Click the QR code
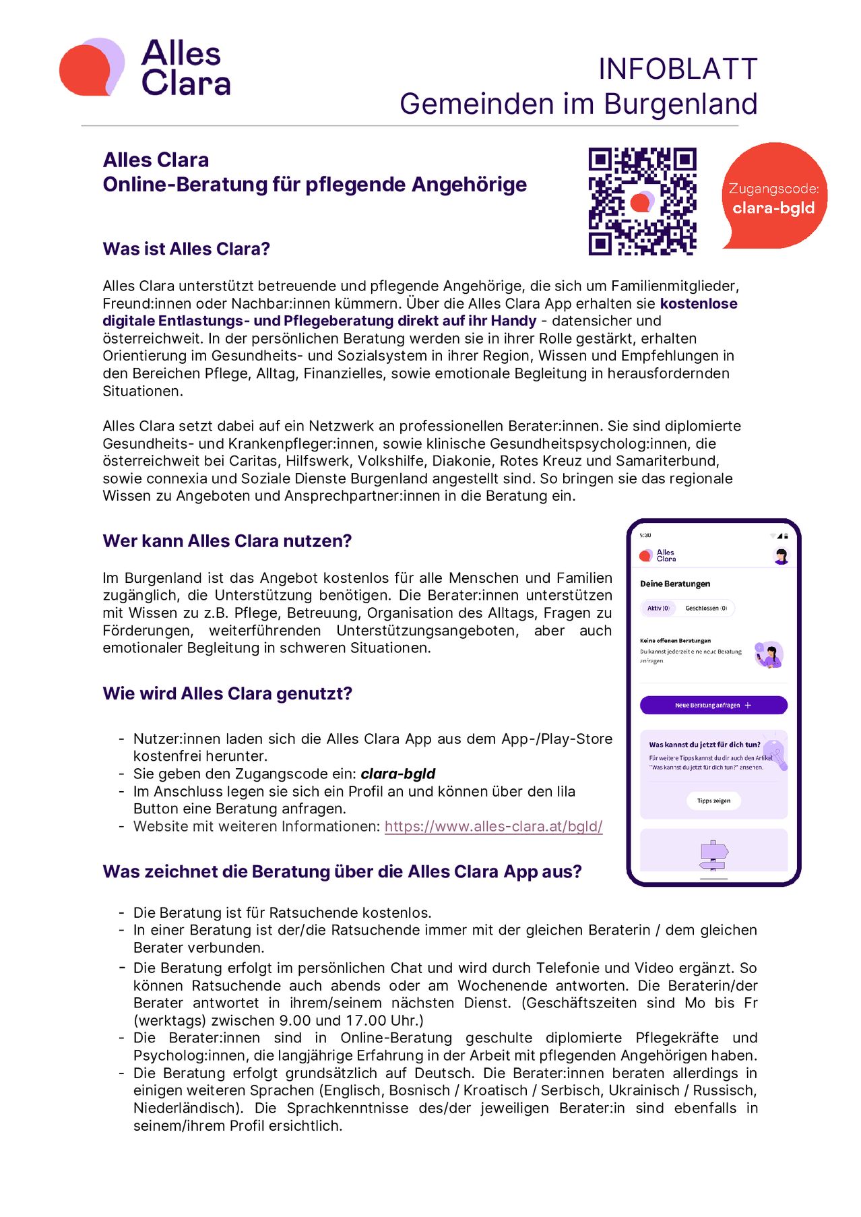(642, 201)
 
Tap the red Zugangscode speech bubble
(774, 196)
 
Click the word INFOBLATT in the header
(677, 69)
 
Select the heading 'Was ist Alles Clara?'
(186, 249)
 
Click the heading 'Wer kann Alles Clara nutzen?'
(227, 541)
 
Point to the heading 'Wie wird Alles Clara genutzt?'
(227, 693)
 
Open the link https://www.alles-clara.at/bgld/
(493, 826)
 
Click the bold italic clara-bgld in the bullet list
(398, 774)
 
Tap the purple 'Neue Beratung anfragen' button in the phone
(713, 705)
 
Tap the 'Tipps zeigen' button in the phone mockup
(713, 801)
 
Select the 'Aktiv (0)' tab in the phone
(658, 608)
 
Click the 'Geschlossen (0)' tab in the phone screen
(705, 608)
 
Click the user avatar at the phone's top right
(782, 556)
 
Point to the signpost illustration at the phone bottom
(713, 856)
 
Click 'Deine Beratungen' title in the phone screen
(675, 584)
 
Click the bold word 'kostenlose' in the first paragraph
(699, 303)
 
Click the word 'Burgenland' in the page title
(680, 104)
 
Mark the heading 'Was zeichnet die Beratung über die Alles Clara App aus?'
(342, 871)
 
